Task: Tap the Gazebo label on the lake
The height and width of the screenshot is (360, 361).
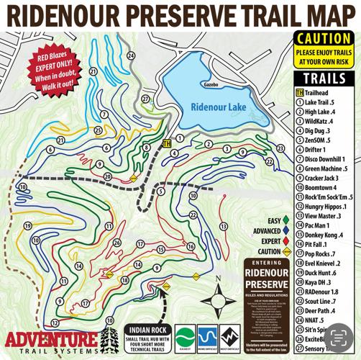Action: pyautogui.click(x=210, y=84)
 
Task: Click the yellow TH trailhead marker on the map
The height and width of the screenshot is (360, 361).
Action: pyautogui.click(x=167, y=143)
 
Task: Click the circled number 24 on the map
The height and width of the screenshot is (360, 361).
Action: pyautogui.click(x=130, y=55)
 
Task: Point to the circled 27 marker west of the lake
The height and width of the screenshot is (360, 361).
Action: pyautogui.click(x=145, y=99)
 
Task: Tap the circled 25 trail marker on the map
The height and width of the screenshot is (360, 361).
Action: pyautogui.click(x=97, y=130)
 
